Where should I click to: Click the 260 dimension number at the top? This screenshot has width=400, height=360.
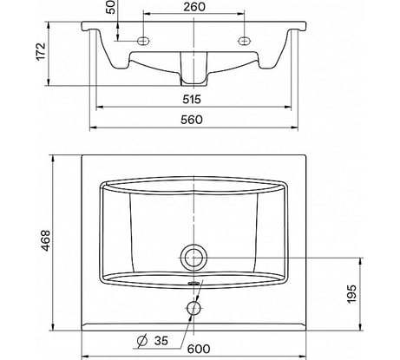194,7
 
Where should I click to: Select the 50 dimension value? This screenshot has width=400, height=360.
111,7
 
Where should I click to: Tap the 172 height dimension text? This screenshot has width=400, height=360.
41,51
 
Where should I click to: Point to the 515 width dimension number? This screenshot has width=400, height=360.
192,99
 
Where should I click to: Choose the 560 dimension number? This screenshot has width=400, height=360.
192,120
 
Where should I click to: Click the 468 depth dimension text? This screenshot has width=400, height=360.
45,240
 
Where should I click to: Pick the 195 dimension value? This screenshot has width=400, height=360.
351,294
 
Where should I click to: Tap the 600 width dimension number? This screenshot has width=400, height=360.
199,349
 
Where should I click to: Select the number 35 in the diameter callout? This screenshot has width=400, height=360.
161,341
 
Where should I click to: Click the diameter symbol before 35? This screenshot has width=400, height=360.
142,341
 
